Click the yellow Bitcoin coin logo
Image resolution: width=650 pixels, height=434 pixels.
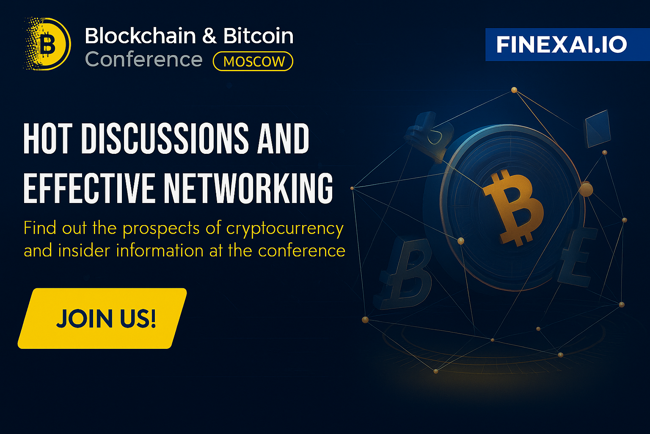point(47,44)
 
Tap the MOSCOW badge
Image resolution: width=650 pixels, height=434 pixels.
point(253,61)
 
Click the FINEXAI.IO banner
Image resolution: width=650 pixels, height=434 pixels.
point(567,45)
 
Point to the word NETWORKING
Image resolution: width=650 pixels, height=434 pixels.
point(248,188)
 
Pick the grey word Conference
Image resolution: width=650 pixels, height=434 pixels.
point(143,59)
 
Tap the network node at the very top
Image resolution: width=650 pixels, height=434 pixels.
point(514,90)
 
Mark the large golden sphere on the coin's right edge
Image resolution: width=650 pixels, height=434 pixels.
point(586,189)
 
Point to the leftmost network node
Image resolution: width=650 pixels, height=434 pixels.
point(352,188)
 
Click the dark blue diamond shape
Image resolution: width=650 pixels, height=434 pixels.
point(598,129)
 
